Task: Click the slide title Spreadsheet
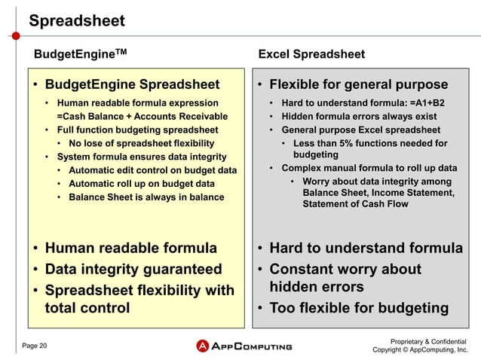76,21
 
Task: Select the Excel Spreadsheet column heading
311,54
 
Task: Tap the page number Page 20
34,346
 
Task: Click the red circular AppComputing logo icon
202,346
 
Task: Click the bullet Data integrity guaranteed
133,269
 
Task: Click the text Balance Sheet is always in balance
146,197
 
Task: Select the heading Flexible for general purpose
358,84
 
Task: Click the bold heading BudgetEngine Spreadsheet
132,84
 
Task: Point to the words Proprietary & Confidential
425,340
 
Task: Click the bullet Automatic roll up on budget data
142,184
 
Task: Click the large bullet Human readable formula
130,249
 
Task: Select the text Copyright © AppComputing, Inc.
420,350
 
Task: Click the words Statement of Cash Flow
355,204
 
